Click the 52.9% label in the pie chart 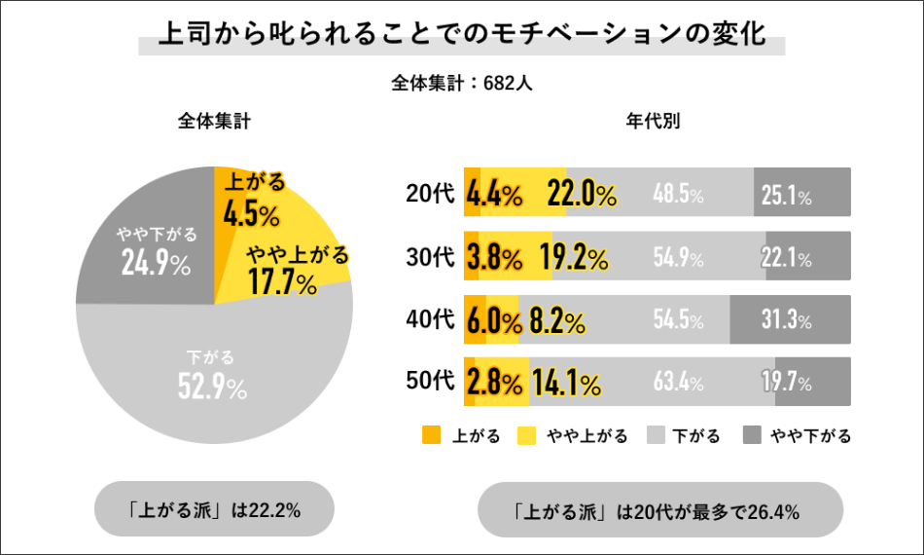(211, 388)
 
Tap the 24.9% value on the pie (156, 263)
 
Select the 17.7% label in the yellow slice (282, 283)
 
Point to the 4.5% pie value (251, 212)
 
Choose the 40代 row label (430, 319)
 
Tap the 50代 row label (430, 382)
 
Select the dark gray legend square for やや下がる (750, 435)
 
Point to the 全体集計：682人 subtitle (462, 83)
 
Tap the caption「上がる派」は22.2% (214, 509)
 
